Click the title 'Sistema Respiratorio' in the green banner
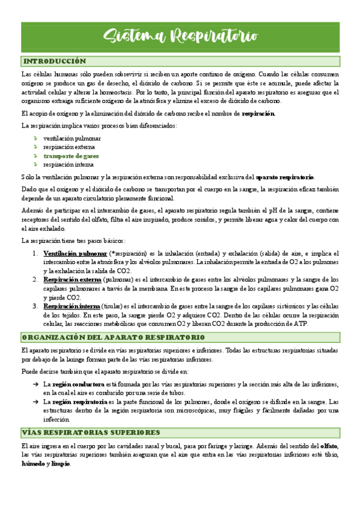pyautogui.click(x=180, y=37)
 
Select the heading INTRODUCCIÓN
pyautogui.click(x=54, y=61)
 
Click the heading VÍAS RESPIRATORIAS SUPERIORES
pyautogui.click(x=91, y=432)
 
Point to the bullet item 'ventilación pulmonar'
pyautogui.click(x=72, y=138)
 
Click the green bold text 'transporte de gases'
pyautogui.click(x=71, y=155)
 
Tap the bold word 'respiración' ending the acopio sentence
pyautogui.click(x=258, y=113)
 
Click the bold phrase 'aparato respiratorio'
pyautogui.click(x=285, y=177)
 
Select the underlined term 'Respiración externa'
pyautogui.click(x=72, y=280)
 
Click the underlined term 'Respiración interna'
pyautogui.click(x=72, y=306)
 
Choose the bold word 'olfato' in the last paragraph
pyautogui.click(x=328, y=446)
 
